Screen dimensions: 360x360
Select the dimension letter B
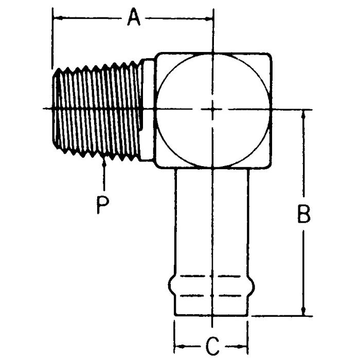[304, 214]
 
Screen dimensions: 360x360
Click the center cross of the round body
[212, 109]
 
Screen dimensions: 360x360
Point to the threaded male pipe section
[98, 109]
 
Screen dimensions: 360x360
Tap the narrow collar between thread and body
[148, 109]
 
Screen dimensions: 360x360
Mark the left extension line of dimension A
[52, 41]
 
